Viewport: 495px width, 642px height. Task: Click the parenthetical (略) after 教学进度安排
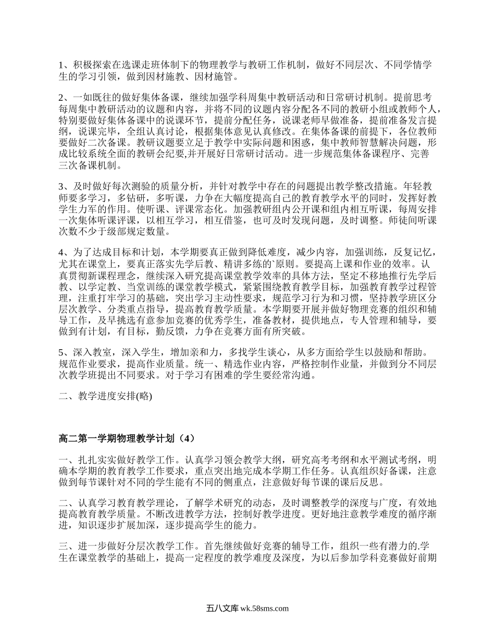[x=142, y=396]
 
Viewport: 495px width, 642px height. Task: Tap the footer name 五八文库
[x=222, y=608]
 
